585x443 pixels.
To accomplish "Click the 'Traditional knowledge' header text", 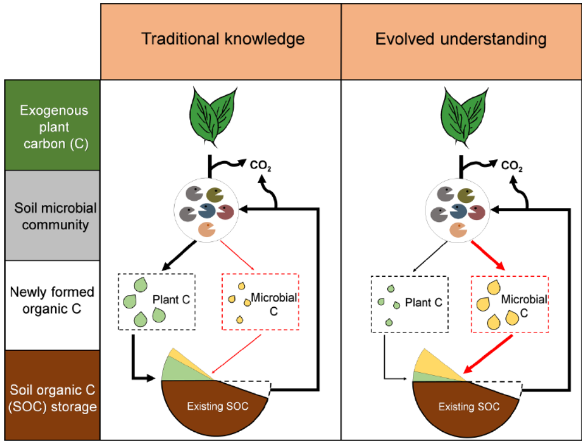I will [223, 39].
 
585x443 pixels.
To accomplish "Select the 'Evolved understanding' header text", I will [461, 39].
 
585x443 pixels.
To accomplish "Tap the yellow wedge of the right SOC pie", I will [437, 364].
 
